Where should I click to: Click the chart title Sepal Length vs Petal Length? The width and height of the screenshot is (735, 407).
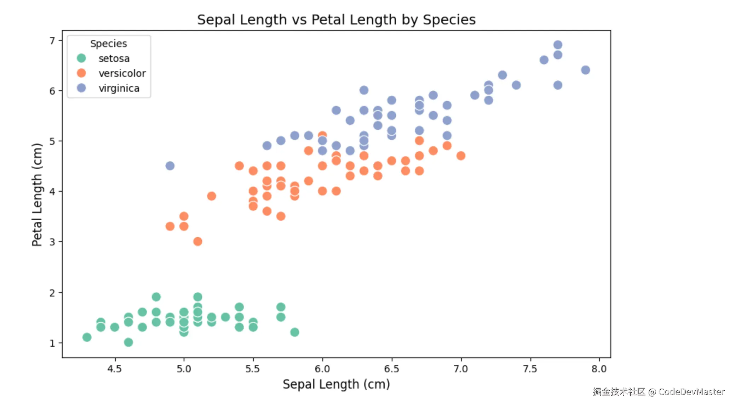coord(336,20)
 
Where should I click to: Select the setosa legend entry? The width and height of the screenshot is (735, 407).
coord(114,58)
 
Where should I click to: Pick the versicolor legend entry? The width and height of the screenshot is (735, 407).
coord(122,73)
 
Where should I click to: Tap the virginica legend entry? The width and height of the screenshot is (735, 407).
coord(119,88)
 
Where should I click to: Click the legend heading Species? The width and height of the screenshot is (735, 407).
coord(108,44)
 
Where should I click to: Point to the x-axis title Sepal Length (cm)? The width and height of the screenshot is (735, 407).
coord(336,384)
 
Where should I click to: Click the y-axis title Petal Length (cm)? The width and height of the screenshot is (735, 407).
coord(37,194)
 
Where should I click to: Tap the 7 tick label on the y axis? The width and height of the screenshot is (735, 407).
coord(52,41)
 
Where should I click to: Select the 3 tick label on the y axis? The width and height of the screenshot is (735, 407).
coord(52,242)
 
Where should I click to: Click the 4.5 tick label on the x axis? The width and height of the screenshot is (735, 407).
coord(114,369)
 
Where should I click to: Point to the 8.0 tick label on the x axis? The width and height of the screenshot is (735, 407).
coord(599,369)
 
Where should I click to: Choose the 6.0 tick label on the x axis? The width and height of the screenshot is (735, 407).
coord(322,369)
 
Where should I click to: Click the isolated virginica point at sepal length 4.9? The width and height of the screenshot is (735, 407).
coord(170,166)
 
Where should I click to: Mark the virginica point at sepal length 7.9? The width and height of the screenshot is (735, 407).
coord(585,70)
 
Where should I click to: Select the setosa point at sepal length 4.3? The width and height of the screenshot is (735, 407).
coord(87,337)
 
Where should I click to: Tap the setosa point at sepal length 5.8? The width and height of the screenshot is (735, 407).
coord(294,332)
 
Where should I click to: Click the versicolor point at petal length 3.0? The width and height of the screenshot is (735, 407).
coord(197,242)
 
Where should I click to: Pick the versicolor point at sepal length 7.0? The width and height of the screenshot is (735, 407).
coord(461,156)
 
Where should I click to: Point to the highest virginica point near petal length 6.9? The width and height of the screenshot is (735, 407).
coord(558,45)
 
